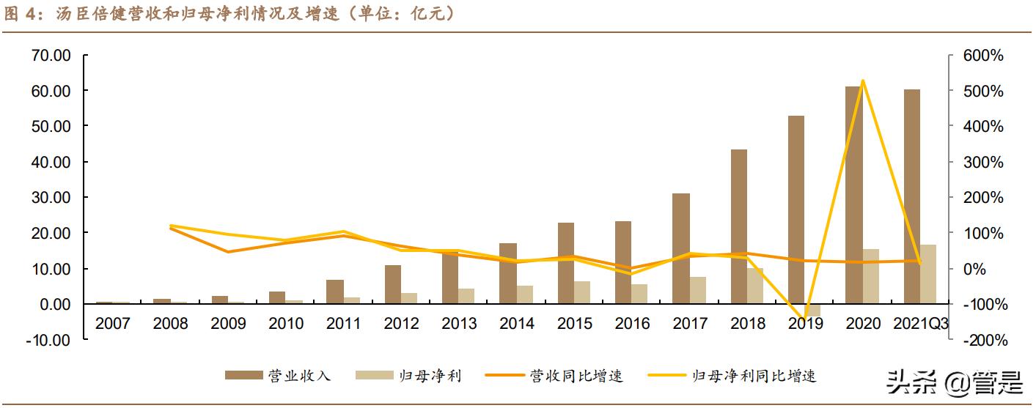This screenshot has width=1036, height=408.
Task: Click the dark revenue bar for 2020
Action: coord(853,195)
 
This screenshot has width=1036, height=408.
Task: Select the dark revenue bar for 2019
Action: coord(796,209)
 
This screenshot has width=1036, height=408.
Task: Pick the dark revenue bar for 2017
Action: coord(681,248)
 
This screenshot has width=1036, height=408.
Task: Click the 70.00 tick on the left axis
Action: coord(51,56)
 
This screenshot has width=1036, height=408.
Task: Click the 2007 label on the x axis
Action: coord(113,323)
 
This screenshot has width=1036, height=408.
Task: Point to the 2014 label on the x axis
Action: coord(517,323)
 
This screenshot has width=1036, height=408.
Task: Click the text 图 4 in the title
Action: coord(24,14)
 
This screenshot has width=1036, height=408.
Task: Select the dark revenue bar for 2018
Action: coord(738,226)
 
